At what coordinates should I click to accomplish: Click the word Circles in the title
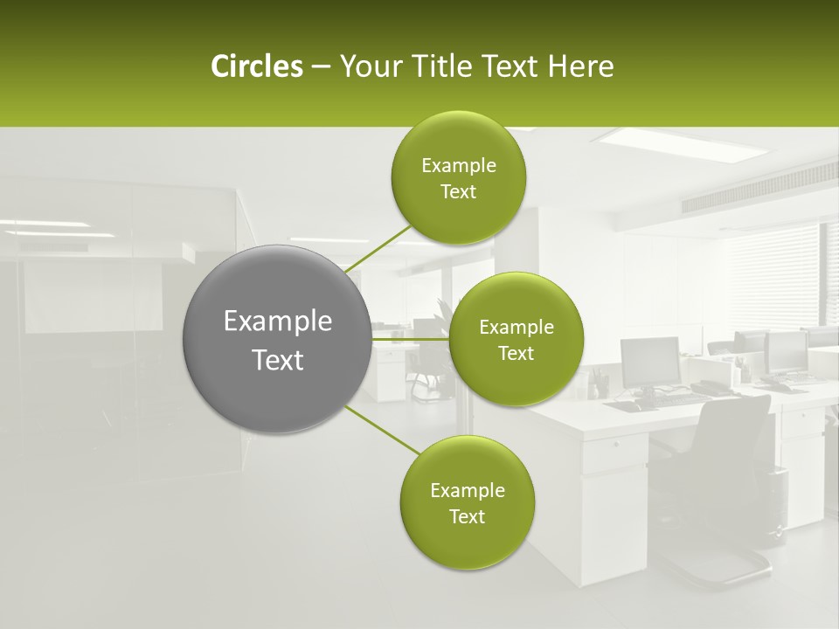256,66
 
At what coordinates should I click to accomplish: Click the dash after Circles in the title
321,67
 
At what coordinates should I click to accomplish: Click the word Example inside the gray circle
278,321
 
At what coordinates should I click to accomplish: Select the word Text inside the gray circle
278,360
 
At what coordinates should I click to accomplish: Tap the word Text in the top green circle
458,192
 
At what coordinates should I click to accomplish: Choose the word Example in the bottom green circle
467,491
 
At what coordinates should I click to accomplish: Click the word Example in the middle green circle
516,328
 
